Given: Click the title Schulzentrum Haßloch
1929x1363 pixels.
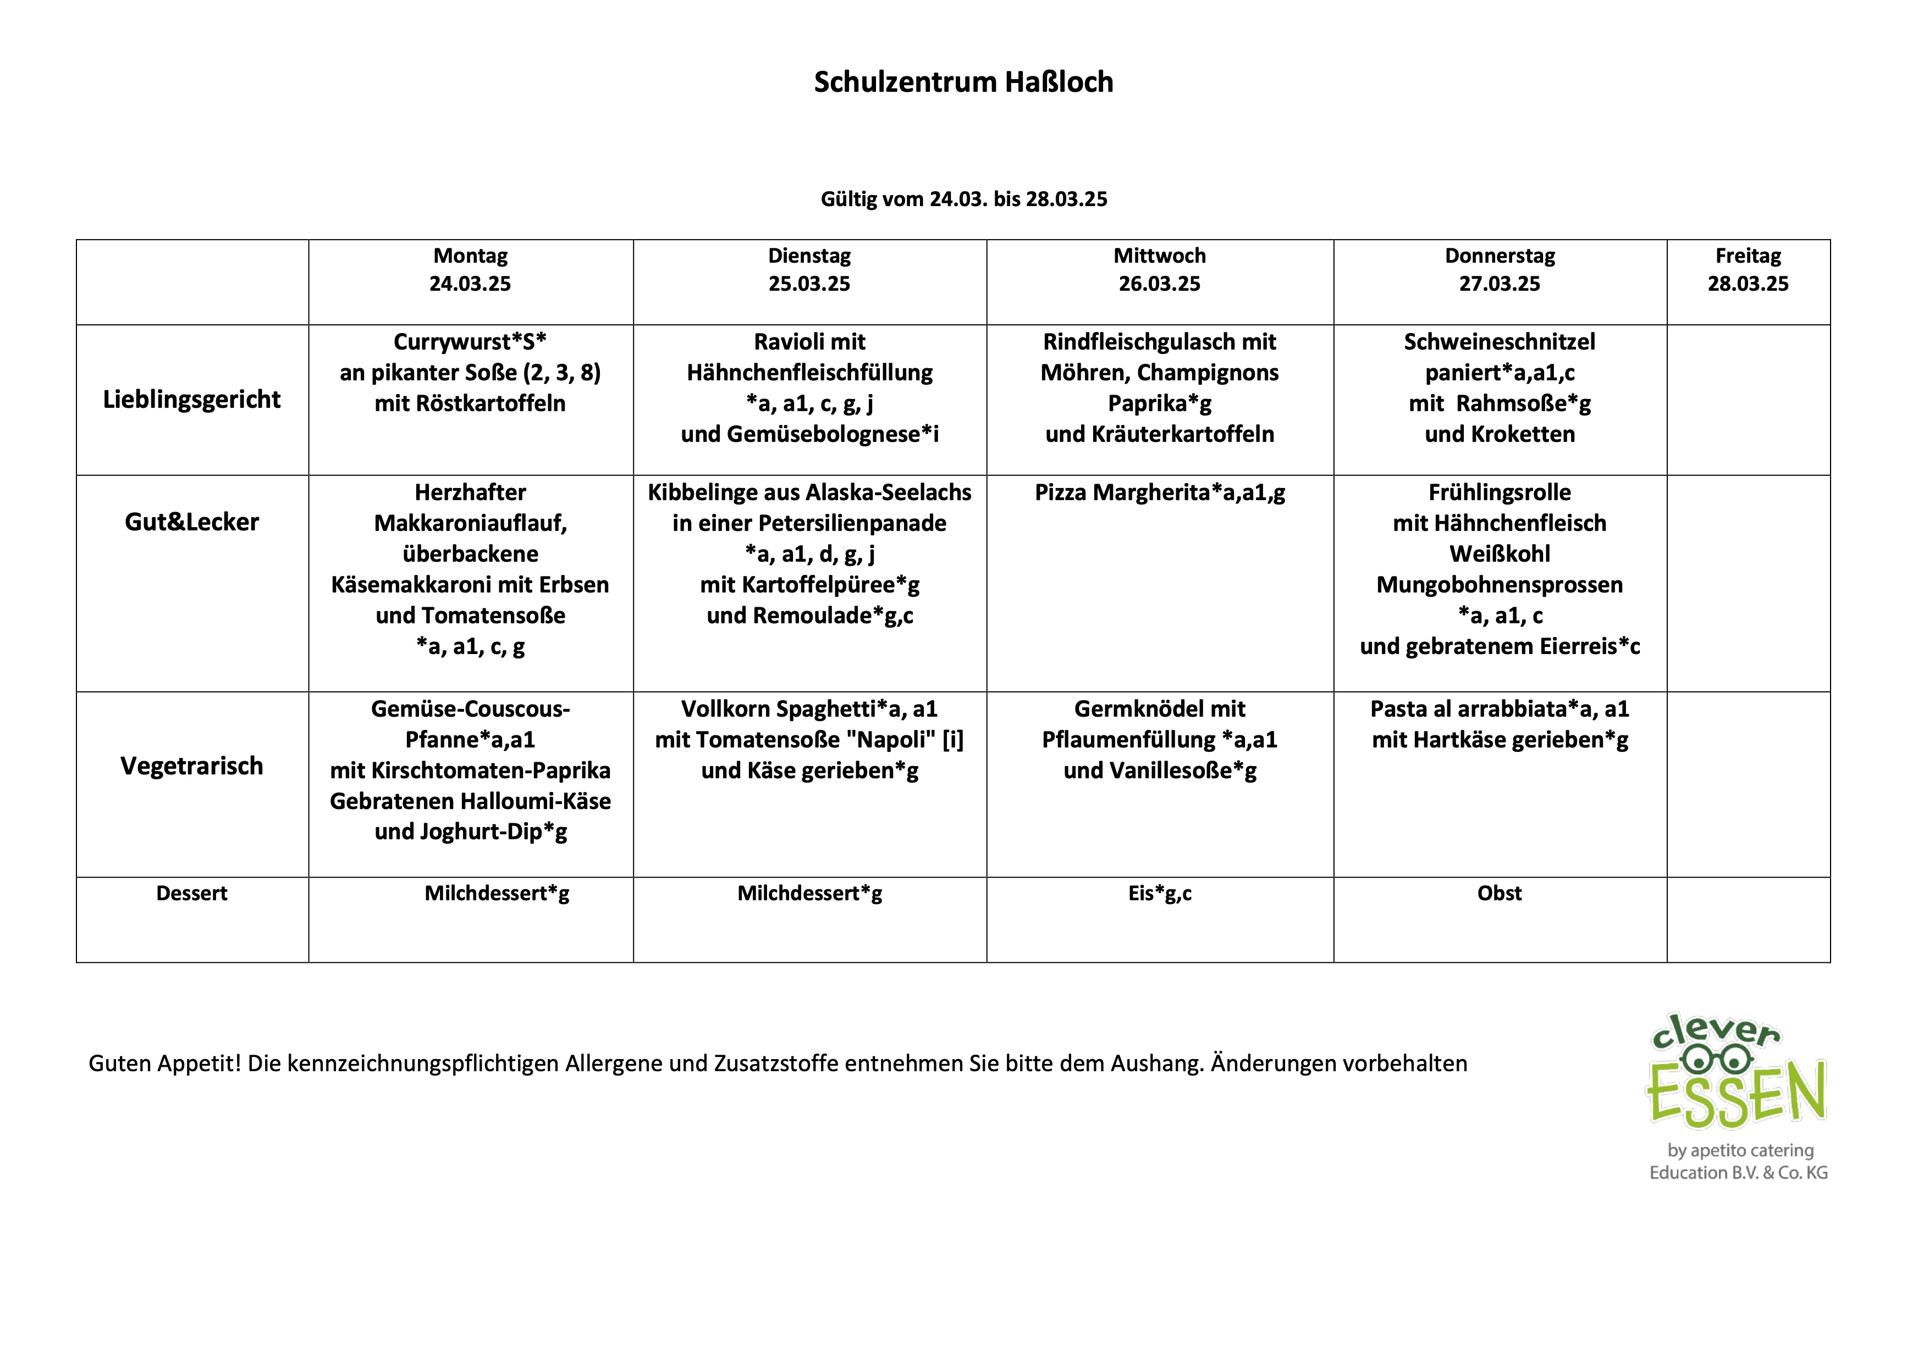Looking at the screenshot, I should point(963,82).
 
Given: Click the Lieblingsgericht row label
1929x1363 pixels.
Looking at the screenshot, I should point(191,400).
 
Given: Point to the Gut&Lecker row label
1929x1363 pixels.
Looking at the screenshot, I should point(191,522).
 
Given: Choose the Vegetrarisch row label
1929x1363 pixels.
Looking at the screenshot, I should point(191,766).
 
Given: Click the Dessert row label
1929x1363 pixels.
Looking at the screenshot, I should point(191,894).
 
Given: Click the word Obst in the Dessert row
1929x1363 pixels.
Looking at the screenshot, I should point(1499,894).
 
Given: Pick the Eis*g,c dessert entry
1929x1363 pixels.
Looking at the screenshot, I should point(1159,894).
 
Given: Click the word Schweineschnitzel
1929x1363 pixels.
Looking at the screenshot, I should point(1499,342).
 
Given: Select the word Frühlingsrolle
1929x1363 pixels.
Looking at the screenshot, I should point(1499,493).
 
